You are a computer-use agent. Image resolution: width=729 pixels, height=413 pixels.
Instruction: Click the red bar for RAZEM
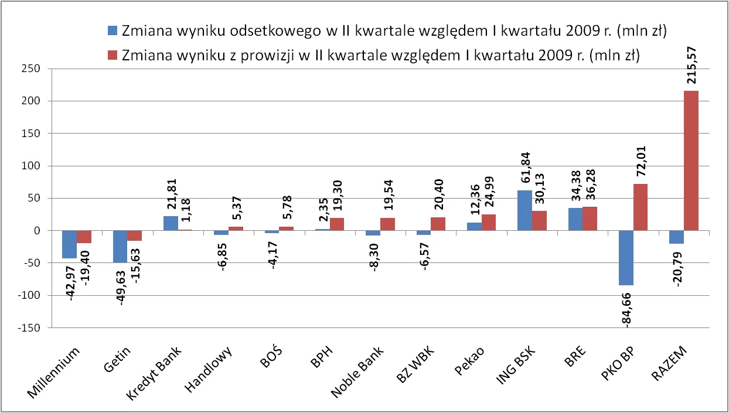(x=691, y=161)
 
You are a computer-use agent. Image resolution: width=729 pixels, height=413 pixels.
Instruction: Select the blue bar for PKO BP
(x=626, y=258)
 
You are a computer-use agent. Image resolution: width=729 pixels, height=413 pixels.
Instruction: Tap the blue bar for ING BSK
(x=525, y=210)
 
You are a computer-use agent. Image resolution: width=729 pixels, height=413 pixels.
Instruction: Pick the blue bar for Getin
(x=120, y=247)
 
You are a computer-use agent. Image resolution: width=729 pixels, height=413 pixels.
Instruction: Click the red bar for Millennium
(x=84, y=237)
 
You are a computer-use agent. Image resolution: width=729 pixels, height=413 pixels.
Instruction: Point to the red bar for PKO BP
(x=641, y=207)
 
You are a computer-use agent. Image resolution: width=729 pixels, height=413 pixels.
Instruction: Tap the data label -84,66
(x=626, y=310)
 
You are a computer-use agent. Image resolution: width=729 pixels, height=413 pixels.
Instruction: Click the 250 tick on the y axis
(x=30, y=69)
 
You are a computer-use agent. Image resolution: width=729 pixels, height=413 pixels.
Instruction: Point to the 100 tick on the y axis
(x=30, y=166)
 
